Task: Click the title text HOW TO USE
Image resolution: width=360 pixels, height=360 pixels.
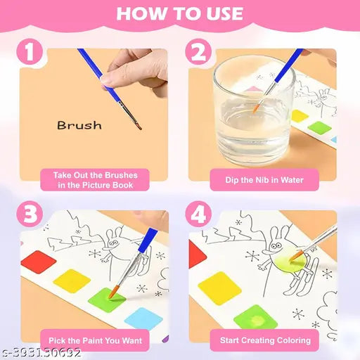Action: click(179, 13)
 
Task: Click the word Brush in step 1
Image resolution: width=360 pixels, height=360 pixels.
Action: click(79, 126)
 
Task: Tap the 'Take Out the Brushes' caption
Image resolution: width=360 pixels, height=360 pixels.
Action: click(96, 179)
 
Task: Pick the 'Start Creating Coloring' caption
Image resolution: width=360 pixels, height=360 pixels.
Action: click(264, 340)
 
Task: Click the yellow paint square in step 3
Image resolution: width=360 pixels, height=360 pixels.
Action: click(72, 281)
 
